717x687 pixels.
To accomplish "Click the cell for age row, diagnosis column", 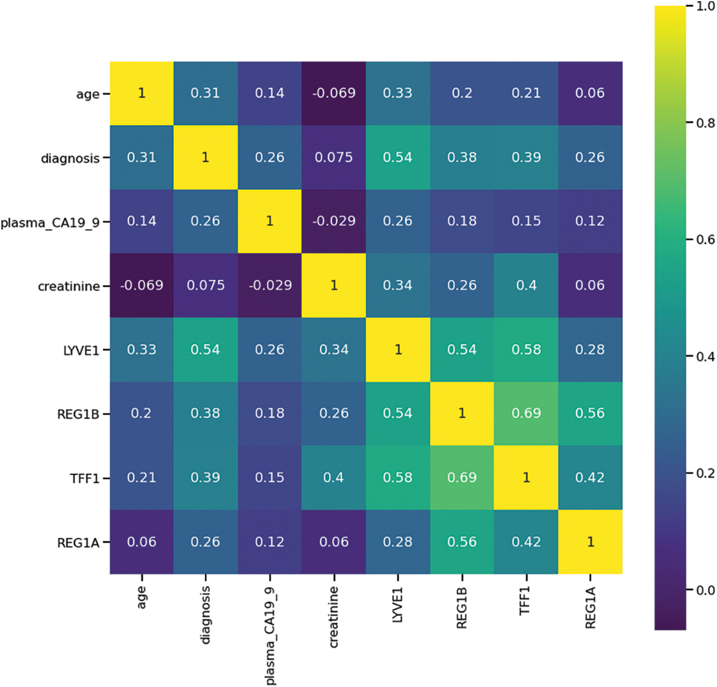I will [205, 93].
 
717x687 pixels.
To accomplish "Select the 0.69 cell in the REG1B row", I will [526, 413].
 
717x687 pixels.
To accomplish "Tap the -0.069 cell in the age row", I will [334, 93].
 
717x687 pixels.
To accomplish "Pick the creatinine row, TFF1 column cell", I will [526, 285].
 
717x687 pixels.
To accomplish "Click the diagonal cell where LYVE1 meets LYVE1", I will [398, 349].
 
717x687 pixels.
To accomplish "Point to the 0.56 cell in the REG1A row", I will [462, 541].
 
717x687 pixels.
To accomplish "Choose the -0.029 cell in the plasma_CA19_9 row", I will [334, 221].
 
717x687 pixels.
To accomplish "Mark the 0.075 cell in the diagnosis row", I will [334, 157].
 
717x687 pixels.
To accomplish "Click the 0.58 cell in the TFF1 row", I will [398, 477].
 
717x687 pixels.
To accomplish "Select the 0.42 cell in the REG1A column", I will [590, 477].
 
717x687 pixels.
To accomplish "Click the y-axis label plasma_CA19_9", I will [50, 223].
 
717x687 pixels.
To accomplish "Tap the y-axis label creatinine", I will [69, 286].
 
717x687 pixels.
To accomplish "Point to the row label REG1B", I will [78, 414].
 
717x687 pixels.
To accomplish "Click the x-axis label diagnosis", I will [205, 614].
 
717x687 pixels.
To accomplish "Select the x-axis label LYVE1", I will [398, 604].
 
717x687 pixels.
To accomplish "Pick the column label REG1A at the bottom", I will [590, 608].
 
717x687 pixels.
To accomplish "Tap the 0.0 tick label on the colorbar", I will [705, 590].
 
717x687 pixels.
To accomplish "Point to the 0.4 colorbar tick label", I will [705, 357].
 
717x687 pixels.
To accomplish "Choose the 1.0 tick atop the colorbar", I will [705, 6].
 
